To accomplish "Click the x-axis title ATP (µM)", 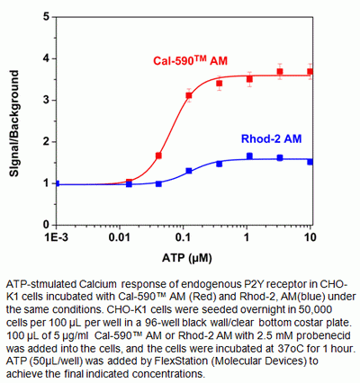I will [x=183, y=258].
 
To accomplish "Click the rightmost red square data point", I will [x=310, y=72].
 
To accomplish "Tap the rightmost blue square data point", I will [x=310, y=161].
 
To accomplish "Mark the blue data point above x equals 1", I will [x=249, y=156].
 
